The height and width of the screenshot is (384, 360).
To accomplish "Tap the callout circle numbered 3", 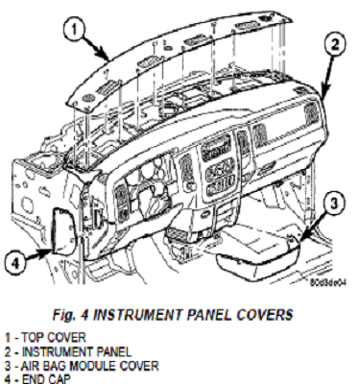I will pyautogui.click(x=328, y=204).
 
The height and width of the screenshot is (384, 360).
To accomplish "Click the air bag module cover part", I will pyautogui.click(x=255, y=248).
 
